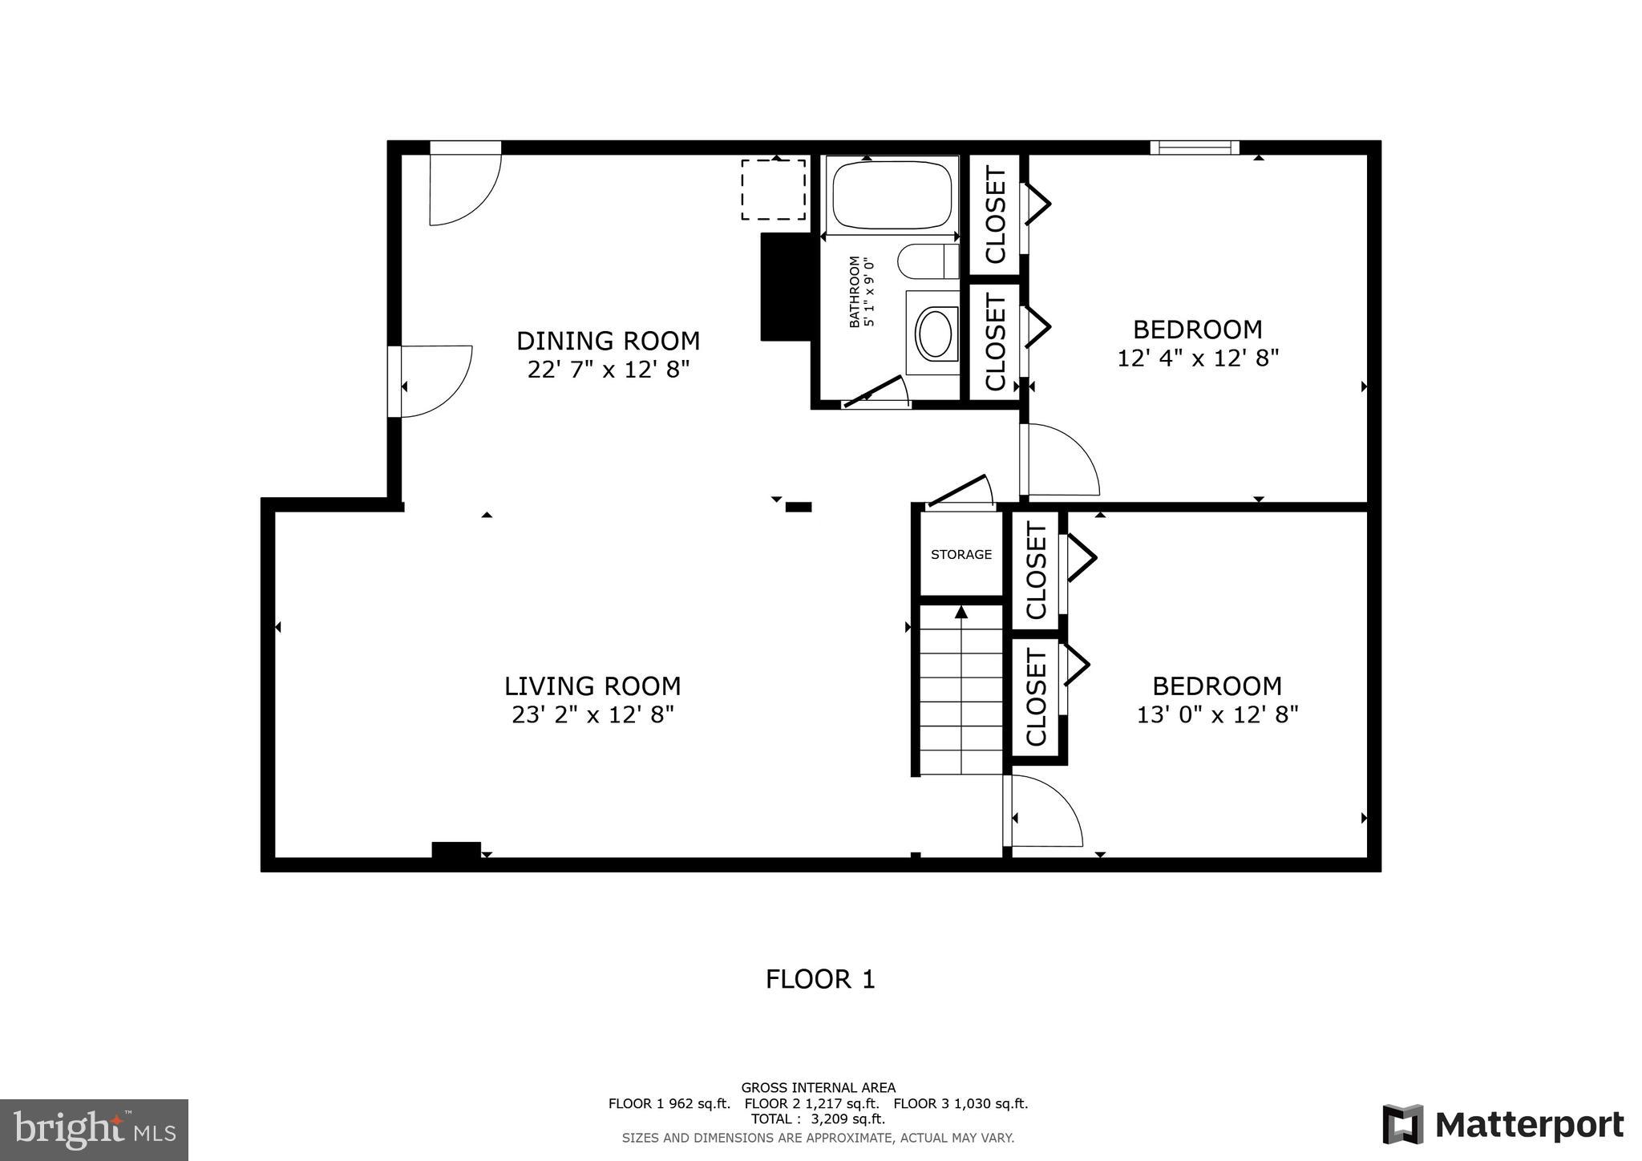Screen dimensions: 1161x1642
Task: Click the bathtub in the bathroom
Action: [892, 195]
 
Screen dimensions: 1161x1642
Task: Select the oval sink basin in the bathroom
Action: [934, 334]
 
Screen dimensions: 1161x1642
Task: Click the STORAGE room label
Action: [961, 554]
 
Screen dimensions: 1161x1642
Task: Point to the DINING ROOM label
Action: [608, 341]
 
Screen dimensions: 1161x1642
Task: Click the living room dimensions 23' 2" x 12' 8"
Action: [592, 714]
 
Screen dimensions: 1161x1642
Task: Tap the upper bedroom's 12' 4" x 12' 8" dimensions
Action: [1197, 358]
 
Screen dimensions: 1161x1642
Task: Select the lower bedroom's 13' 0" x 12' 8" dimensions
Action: [1216, 714]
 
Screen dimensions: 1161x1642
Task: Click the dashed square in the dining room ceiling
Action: [773, 189]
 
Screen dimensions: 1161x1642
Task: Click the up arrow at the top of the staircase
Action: [961, 613]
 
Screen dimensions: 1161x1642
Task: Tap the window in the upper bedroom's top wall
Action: [1195, 148]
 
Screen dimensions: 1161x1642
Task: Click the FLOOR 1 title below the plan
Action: [820, 979]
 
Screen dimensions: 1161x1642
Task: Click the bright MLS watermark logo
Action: [94, 1130]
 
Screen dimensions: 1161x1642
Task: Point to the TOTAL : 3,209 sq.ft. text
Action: [818, 1119]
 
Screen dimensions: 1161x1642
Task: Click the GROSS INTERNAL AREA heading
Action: [818, 1088]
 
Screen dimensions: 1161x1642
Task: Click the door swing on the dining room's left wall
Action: [434, 381]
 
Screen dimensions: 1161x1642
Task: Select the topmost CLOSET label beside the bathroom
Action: [995, 214]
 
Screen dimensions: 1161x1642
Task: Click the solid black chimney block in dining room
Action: [785, 287]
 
